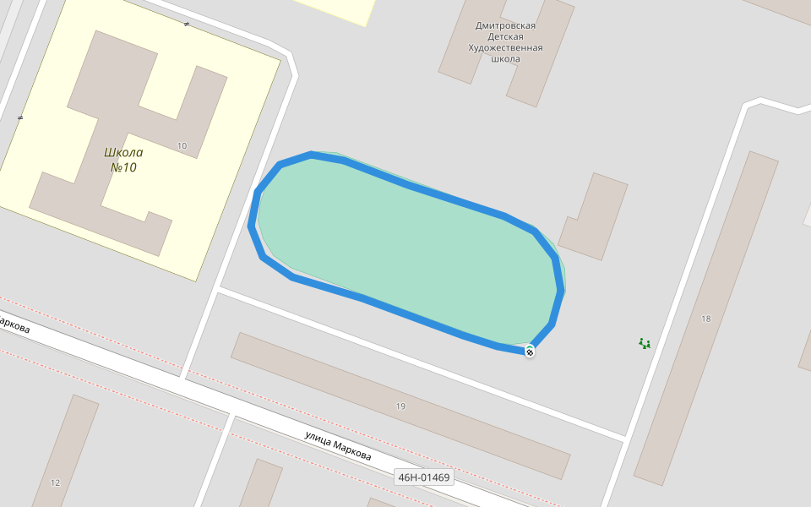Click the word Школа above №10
123,153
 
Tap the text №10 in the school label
123,167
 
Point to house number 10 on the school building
182,145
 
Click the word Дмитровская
505,26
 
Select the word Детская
505,37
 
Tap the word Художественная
505,48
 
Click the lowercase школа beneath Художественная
505,59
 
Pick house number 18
706,319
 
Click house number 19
400,406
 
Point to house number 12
56,482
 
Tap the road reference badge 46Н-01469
424,477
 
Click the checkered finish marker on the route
530,352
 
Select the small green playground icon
645,343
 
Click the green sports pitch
405,253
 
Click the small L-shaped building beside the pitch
591,220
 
